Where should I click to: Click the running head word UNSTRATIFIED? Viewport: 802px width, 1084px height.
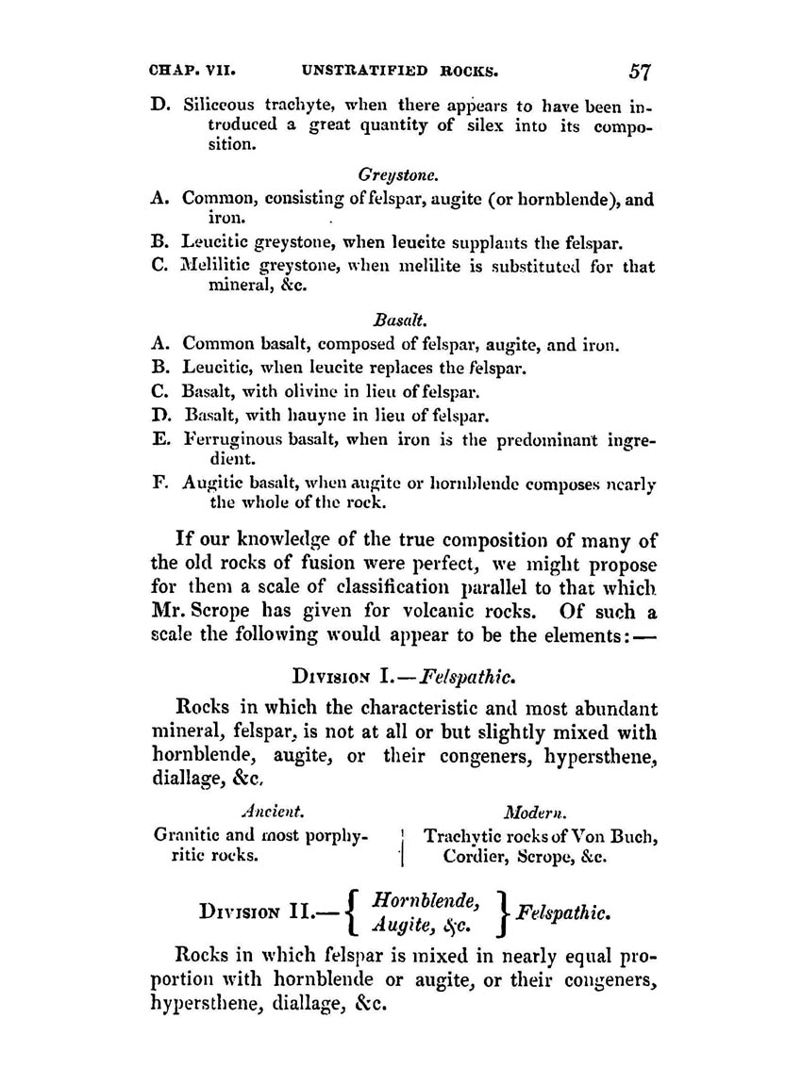point(364,71)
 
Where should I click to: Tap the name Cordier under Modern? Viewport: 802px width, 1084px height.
point(479,859)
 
